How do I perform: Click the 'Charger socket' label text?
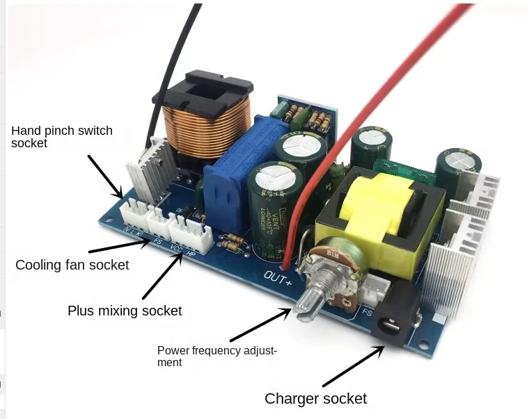coord(315,399)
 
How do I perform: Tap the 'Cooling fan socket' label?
coord(72,265)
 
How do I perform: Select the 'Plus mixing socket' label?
coord(125,311)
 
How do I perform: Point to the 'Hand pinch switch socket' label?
coord(61,137)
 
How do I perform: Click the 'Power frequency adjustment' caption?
coord(216,356)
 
